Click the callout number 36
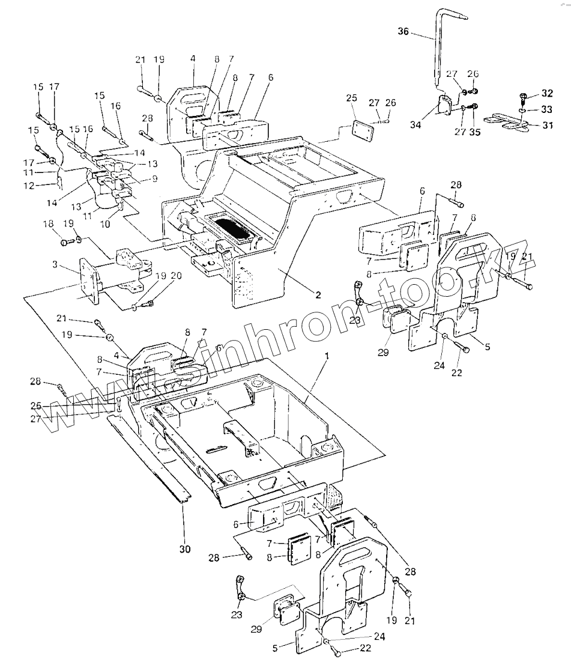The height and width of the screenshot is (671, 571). pyautogui.click(x=403, y=32)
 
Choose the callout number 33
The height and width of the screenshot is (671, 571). pyautogui.click(x=546, y=109)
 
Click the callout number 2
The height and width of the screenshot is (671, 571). pyautogui.click(x=318, y=295)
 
